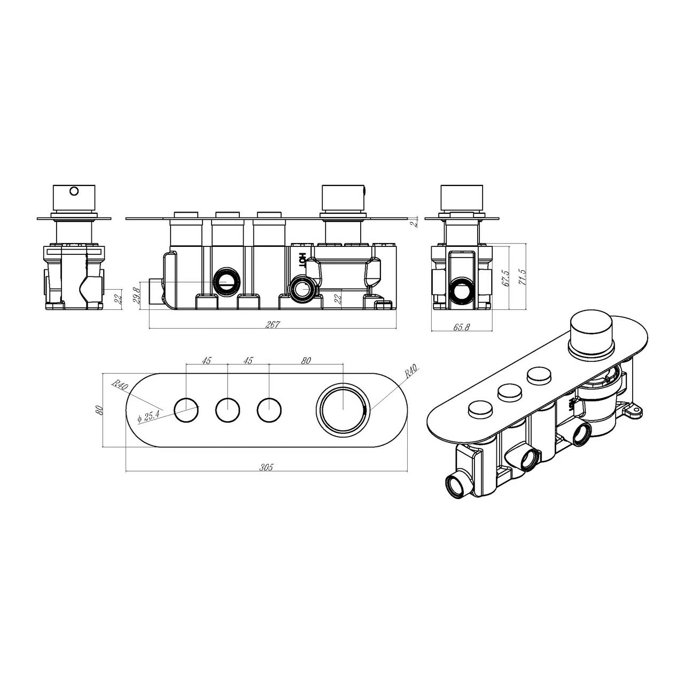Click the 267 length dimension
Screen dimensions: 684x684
[273, 325]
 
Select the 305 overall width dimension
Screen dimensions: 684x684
[266, 467]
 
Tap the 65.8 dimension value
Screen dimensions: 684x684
[461, 328]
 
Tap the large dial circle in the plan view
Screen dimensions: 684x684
[343, 408]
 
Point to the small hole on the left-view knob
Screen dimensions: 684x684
[74, 190]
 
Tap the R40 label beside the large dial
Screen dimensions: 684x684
[411, 371]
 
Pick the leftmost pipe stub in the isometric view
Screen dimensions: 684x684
[457, 485]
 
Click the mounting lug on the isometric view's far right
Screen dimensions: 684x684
[634, 410]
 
